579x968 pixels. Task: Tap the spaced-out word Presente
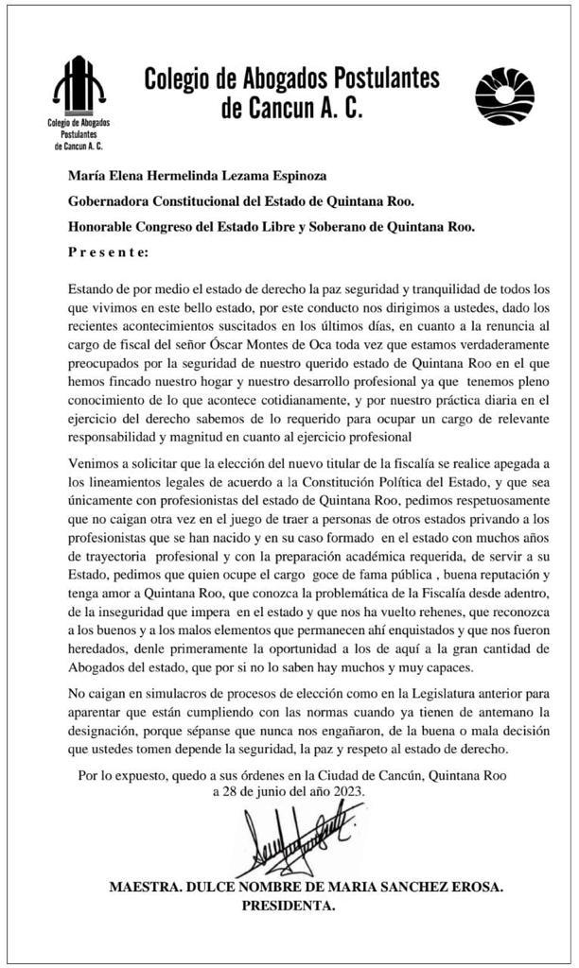[108, 252]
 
